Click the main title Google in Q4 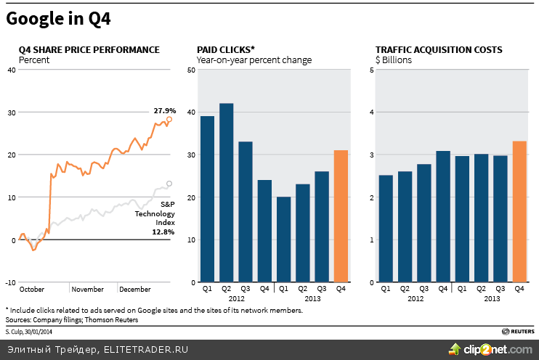pyautogui.click(x=59, y=20)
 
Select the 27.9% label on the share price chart pyautogui.click(x=165, y=111)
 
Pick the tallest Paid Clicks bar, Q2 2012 pyautogui.click(x=226, y=192)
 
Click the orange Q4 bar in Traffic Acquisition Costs pyautogui.click(x=519, y=211)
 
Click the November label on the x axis pyautogui.click(x=88, y=289)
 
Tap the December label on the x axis pyautogui.click(x=134, y=289)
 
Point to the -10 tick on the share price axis pyautogui.click(x=10, y=282)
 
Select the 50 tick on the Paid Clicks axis pyautogui.click(x=190, y=70)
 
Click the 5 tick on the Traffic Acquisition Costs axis pyautogui.click(x=371, y=70)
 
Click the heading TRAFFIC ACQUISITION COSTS pyautogui.click(x=439, y=49)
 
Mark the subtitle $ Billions pyautogui.click(x=394, y=60)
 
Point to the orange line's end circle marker pyautogui.click(x=169, y=119)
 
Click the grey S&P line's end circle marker pyautogui.click(x=169, y=184)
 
